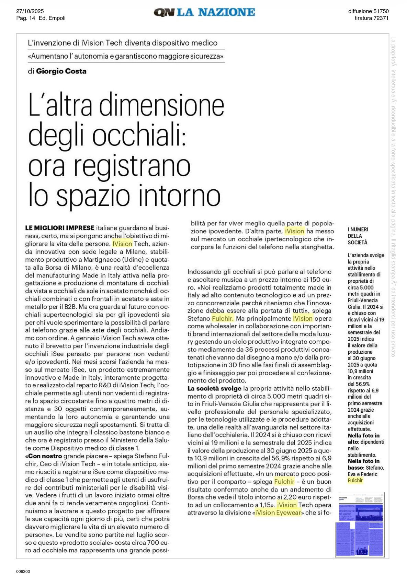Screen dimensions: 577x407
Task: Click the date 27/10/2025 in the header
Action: tap(30, 11)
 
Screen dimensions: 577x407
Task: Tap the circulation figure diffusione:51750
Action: tap(368, 11)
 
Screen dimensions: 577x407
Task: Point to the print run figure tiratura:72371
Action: tap(371, 18)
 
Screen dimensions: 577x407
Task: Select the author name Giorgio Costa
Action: tap(61, 71)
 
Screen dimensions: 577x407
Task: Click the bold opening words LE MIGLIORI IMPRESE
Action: tap(60, 228)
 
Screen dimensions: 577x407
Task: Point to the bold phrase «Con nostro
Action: tap(44, 456)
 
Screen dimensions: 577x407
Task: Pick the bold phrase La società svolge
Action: tap(214, 388)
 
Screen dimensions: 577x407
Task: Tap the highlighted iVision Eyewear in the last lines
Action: tap(278, 513)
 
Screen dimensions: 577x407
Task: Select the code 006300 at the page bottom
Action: tap(23, 571)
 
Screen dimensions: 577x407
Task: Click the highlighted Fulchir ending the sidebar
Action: tap(355, 481)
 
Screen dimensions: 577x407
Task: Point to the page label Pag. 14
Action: tap(26, 18)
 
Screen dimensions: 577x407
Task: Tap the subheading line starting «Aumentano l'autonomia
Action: tap(126, 56)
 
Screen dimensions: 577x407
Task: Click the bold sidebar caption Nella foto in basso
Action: tap(363, 464)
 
